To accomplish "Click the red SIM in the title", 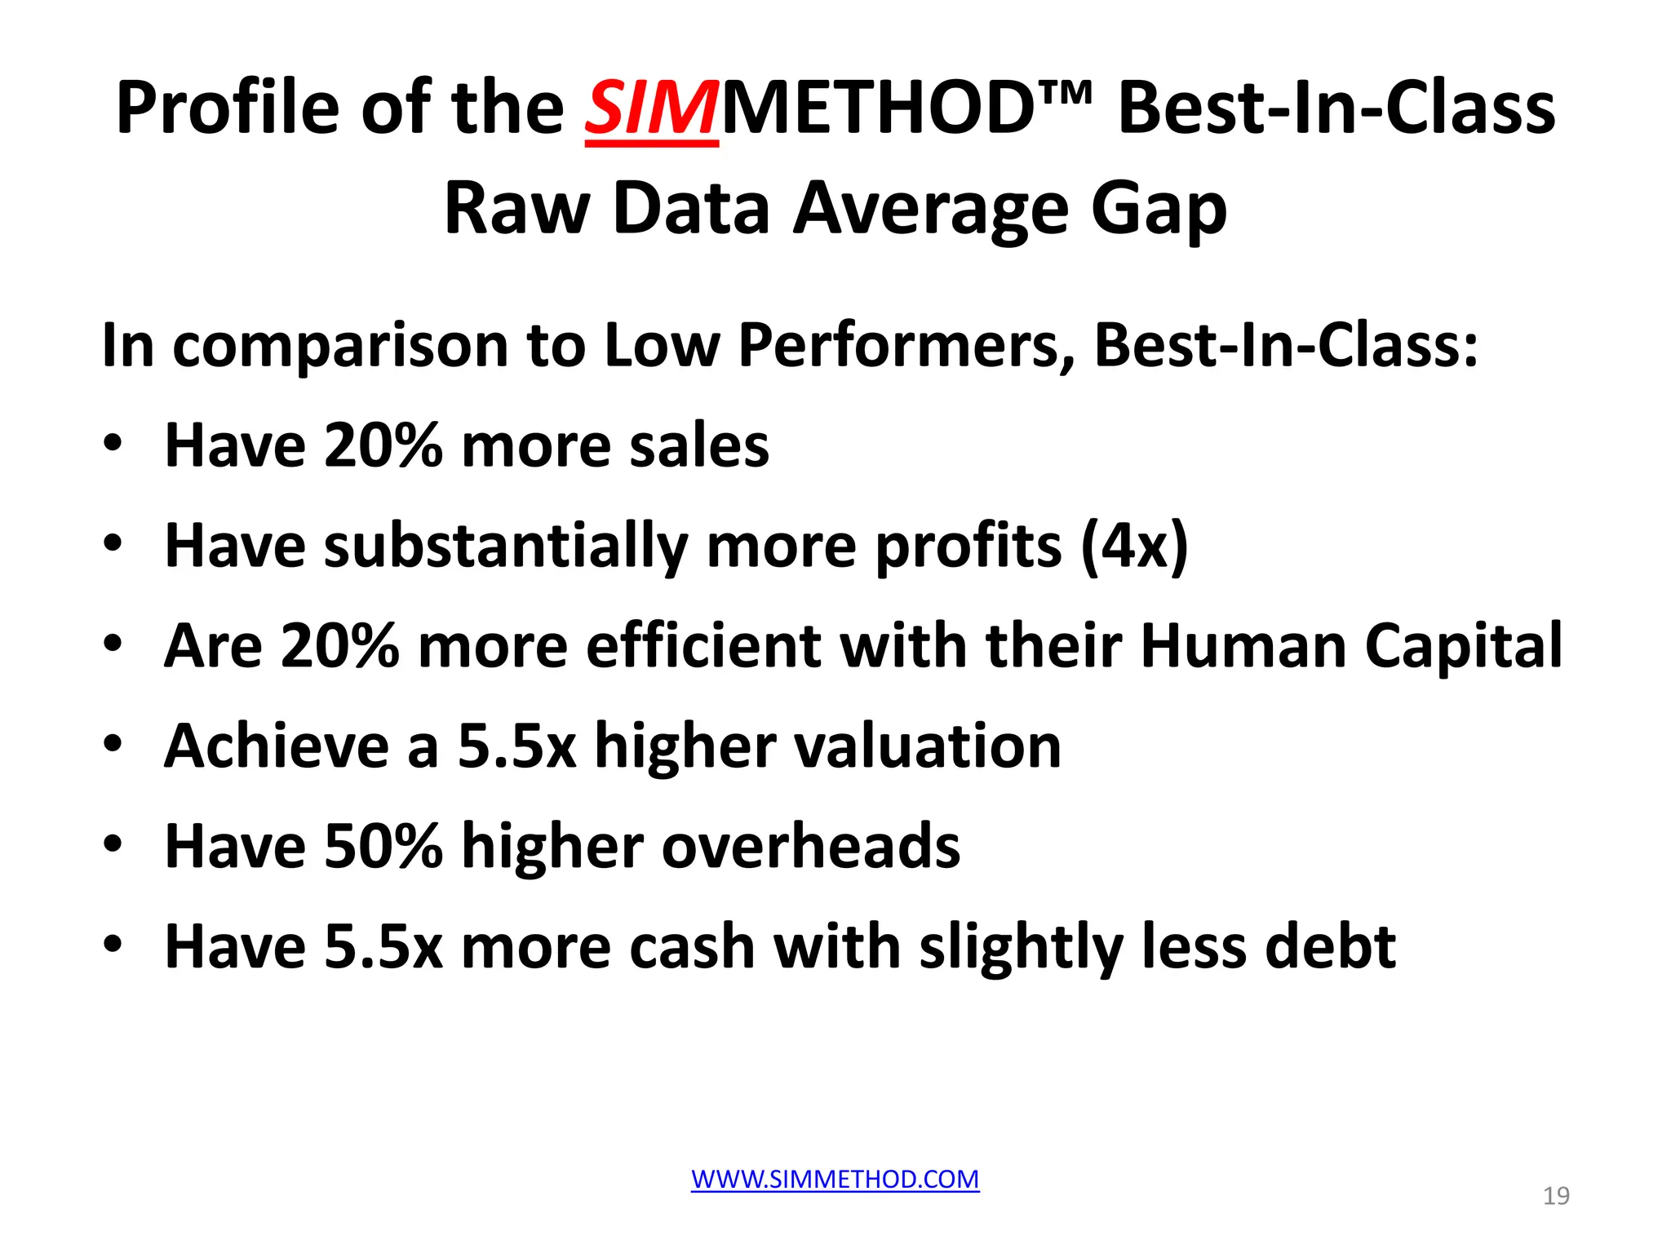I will click(x=651, y=108).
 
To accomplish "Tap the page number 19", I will click(x=1556, y=1196).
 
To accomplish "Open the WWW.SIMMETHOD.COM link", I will click(x=835, y=1179).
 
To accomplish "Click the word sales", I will click(x=699, y=446).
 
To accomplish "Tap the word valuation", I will click(x=929, y=746).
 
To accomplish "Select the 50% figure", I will click(x=383, y=846).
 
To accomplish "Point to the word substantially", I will click(x=506, y=546).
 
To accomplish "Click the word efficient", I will click(x=703, y=646).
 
